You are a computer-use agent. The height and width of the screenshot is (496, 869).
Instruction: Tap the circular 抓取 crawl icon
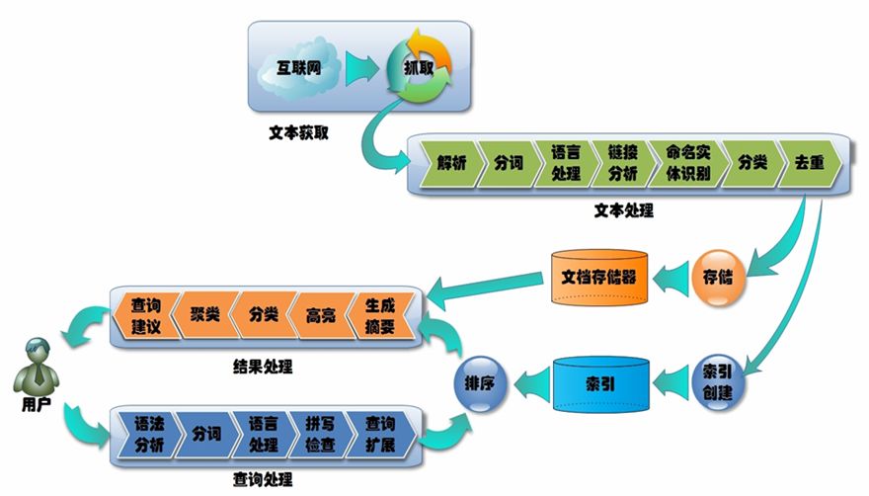[x=418, y=68]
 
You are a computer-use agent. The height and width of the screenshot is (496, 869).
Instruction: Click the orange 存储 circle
[x=718, y=274]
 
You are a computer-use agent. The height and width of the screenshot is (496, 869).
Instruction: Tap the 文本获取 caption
[x=297, y=130]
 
